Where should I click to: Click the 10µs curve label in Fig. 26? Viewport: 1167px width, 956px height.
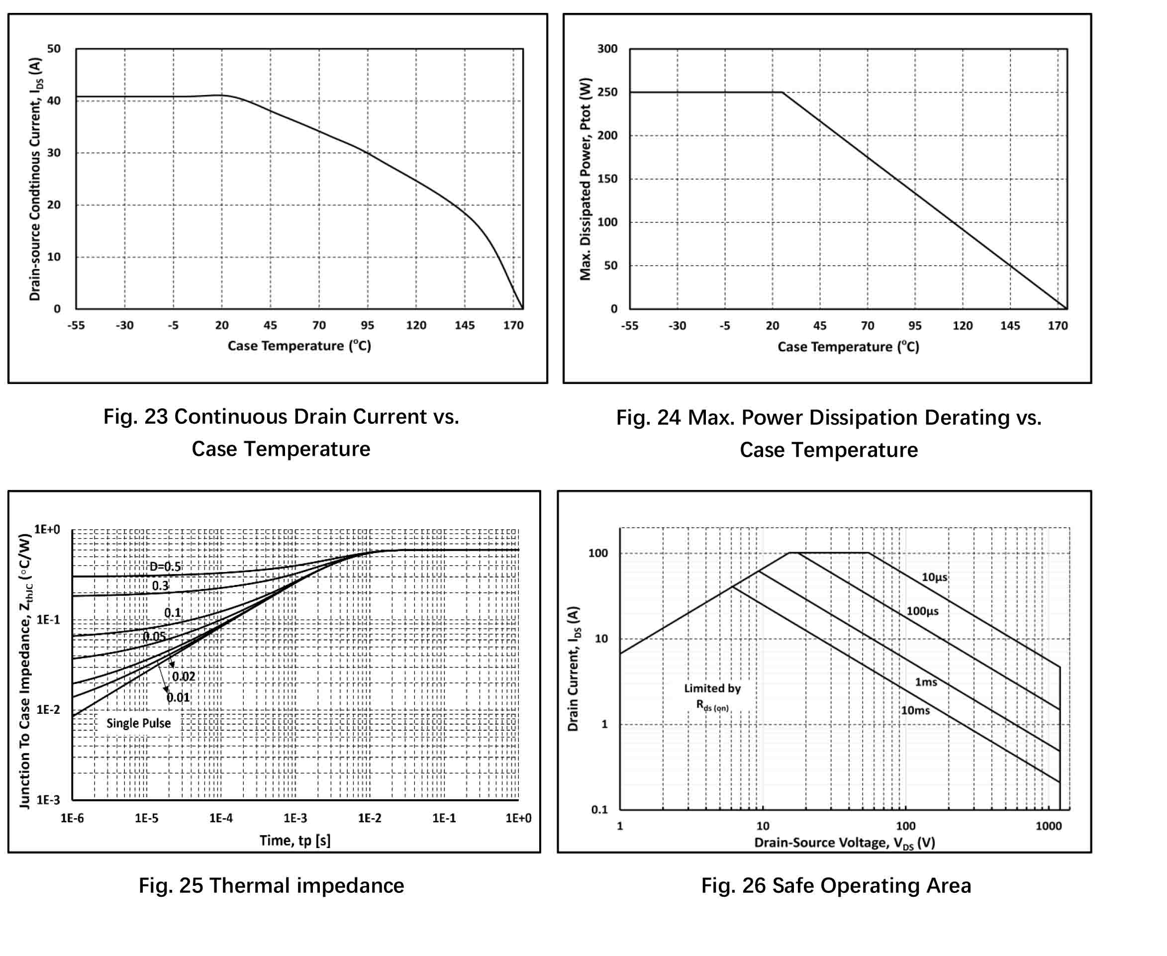[935, 577]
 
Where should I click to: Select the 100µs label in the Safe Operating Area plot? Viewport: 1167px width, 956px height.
[922, 611]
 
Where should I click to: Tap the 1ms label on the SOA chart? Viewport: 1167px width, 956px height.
[926, 682]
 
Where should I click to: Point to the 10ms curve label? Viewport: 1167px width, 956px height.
[915, 711]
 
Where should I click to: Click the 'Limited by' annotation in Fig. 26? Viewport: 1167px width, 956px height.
[712, 688]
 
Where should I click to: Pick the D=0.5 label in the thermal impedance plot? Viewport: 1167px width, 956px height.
[165, 567]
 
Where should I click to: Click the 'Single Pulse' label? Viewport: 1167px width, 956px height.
[138, 724]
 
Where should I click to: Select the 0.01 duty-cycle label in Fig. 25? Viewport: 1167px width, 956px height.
[179, 698]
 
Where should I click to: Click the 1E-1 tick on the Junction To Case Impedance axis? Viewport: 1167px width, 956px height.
[48, 620]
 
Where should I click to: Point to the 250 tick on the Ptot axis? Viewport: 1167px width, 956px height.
[607, 92]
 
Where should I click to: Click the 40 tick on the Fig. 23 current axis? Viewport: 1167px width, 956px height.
[54, 101]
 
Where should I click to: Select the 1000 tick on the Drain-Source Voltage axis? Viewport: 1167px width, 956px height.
[1048, 826]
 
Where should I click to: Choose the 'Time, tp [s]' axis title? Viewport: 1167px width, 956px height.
[295, 841]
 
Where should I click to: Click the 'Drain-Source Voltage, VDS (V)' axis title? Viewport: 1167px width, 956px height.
[844, 843]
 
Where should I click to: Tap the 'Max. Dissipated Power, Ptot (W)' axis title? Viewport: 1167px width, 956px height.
[585, 179]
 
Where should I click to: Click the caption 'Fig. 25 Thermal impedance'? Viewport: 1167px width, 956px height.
[272, 885]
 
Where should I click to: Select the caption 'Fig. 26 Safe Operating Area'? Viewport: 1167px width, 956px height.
[836, 885]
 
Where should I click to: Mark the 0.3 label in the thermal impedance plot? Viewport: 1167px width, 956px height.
[160, 586]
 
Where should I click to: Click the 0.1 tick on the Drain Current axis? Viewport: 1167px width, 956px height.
[600, 810]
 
